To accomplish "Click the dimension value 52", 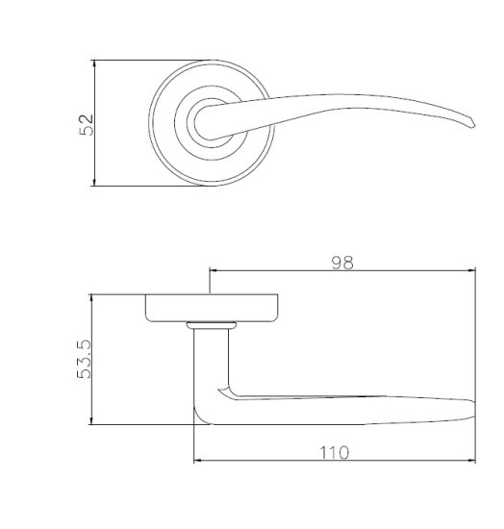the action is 86,125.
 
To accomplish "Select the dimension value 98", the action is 342,263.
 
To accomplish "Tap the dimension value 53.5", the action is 84,359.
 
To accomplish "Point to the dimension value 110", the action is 335,453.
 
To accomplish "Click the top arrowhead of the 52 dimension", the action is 94,63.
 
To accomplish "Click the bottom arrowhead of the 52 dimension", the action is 94,182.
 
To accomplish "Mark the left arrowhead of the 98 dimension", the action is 214,270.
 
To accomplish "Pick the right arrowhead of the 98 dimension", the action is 471,270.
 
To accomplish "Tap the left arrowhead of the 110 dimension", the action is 198,460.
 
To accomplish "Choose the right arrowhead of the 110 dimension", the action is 471,460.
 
